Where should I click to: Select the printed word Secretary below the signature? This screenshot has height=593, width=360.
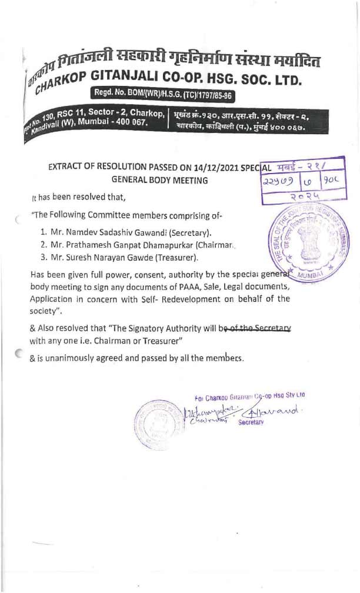pos(251,422)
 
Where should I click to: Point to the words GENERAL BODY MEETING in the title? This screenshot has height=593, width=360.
pos(159,180)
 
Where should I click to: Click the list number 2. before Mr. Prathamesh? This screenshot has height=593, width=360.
pos(44,244)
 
